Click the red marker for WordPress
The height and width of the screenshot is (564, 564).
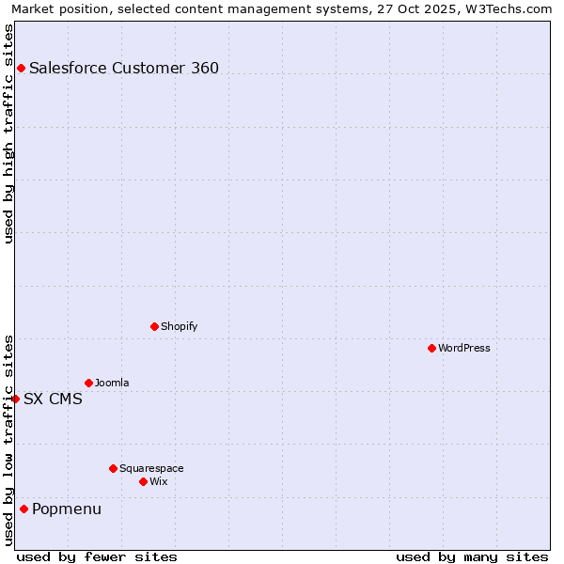[431, 348]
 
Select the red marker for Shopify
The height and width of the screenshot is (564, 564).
[154, 326]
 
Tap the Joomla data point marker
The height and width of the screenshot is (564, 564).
[88, 383]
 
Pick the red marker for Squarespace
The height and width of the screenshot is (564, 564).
[113, 468]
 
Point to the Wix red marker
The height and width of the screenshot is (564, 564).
[143, 481]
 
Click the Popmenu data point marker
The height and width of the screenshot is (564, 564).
[23, 509]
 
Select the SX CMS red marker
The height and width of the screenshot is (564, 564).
[15, 399]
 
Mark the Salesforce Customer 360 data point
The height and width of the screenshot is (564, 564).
[21, 68]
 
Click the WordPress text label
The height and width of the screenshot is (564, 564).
[464, 348]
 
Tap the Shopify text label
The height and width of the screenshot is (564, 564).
[180, 326]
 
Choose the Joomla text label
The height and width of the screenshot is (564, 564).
[112, 383]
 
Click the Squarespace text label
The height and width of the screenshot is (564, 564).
[151, 468]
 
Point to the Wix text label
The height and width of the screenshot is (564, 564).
[159, 481]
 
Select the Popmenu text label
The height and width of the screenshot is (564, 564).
[67, 509]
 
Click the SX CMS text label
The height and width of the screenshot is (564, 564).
[53, 399]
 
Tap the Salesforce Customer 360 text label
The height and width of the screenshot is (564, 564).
[124, 68]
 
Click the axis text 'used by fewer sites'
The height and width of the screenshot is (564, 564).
[97, 556]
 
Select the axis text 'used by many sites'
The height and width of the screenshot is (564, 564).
[472, 556]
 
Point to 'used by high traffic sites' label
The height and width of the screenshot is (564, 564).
[9, 133]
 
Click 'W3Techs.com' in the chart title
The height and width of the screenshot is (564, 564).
[509, 8]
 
